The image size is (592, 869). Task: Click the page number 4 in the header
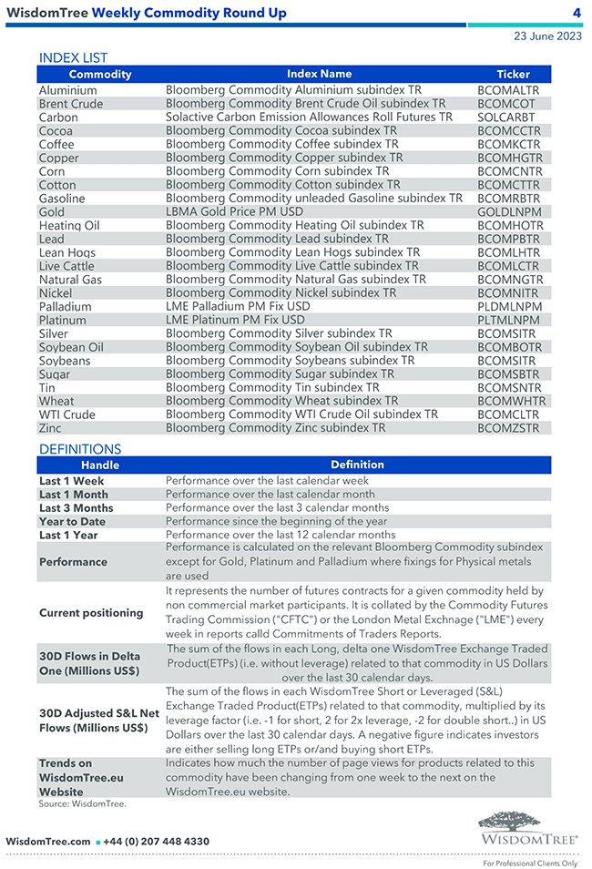[577, 13]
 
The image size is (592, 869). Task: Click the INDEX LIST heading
[74, 58]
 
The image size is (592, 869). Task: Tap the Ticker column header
[513, 74]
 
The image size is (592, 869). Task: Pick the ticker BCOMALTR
[508, 90]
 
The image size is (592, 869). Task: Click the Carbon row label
[58, 118]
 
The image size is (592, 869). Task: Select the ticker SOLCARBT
[505, 118]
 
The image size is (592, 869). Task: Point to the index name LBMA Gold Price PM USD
[234, 211]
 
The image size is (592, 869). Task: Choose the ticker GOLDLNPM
[509, 212]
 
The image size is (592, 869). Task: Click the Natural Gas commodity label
[70, 280]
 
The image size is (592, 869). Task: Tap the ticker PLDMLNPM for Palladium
[509, 307]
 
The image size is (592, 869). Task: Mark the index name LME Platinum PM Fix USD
[235, 320]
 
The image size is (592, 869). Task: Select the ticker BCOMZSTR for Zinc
[508, 428]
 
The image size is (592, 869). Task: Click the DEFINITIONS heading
[80, 449]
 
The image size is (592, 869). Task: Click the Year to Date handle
[72, 522]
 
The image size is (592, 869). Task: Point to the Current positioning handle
[91, 613]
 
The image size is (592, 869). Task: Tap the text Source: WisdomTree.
[82, 804]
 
